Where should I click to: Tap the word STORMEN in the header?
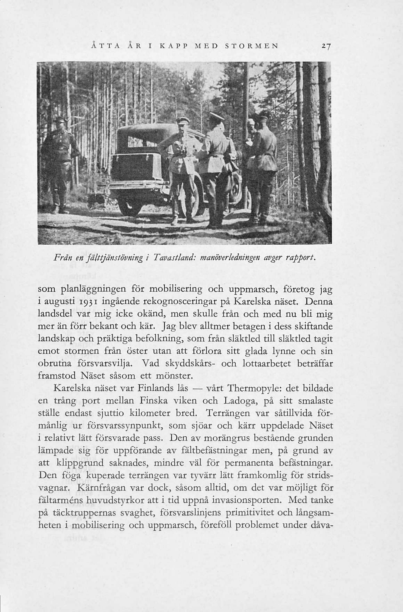[251, 46]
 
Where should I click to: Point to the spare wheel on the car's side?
[235, 189]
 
